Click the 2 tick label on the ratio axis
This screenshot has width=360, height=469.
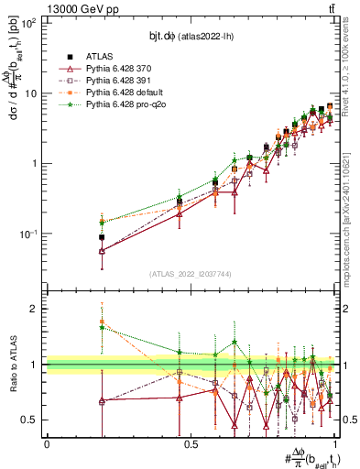[x=35, y=310]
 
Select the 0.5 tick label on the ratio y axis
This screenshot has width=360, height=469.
[x=32, y=420]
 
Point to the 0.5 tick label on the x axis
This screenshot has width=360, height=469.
[x=191, y=443]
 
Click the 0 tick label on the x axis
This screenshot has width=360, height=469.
[x=47, y=443]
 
